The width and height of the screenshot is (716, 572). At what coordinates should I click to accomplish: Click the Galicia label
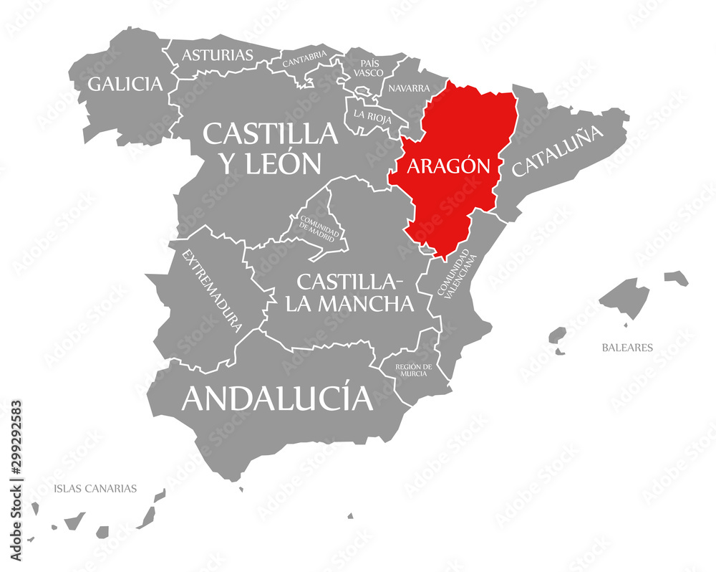tap(125, 84)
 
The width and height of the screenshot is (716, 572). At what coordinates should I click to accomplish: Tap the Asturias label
tap(217, 54)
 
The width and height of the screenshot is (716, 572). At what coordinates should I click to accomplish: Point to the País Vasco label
tap(371, 67)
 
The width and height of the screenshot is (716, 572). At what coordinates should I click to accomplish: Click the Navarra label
tap(409, 89)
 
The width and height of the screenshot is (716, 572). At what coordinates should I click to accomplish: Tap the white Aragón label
tap(448, 166)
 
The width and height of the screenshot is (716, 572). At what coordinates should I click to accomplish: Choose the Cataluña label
tap(558, 151)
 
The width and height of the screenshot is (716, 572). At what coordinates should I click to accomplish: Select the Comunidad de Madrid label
tap(314, 224)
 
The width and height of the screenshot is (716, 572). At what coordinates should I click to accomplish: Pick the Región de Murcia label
tap(413, 370)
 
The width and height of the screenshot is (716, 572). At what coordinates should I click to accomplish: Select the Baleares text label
tap(627, 348)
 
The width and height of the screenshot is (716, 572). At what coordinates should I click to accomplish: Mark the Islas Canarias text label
tap(95, 489)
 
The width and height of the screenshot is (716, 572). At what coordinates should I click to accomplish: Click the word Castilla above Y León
tap(270, 133)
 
